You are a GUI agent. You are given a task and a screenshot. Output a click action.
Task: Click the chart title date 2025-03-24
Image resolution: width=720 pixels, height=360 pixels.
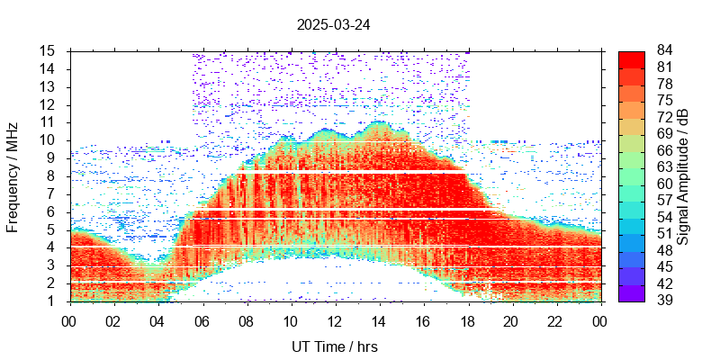click(333, 25)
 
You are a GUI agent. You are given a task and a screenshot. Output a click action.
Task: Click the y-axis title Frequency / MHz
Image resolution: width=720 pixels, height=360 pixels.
click(13, 176)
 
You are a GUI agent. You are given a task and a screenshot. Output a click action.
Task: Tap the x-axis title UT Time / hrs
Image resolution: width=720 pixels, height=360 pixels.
click(334, 346)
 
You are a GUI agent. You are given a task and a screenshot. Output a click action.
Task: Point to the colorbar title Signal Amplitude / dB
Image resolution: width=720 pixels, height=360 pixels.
click(683, 176)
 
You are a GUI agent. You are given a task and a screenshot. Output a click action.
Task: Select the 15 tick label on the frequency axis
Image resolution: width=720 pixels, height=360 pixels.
click(49, 50)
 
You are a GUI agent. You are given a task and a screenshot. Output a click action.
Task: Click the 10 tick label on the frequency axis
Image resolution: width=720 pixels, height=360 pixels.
click(49, 140)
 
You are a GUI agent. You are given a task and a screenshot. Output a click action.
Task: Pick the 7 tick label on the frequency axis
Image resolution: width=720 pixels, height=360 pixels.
click(52, 193)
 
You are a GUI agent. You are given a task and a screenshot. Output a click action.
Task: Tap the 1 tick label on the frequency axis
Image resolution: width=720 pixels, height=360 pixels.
click(52, 301)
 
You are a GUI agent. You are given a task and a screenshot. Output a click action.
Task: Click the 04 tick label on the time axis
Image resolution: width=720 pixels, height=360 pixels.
click(157, 319)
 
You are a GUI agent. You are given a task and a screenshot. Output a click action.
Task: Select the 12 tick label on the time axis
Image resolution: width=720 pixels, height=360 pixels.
click(334, 319)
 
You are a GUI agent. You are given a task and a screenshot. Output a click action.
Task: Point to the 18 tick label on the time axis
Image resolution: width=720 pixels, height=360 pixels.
click(467, 319)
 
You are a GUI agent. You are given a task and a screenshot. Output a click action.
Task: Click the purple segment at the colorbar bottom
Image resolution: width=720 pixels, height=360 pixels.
click(631, 293)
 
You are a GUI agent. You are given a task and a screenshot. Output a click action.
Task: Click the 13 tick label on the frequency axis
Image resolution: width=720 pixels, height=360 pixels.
click(49, 86)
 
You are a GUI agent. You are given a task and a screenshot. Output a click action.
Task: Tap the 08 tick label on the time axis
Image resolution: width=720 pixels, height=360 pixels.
click(246, 319)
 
